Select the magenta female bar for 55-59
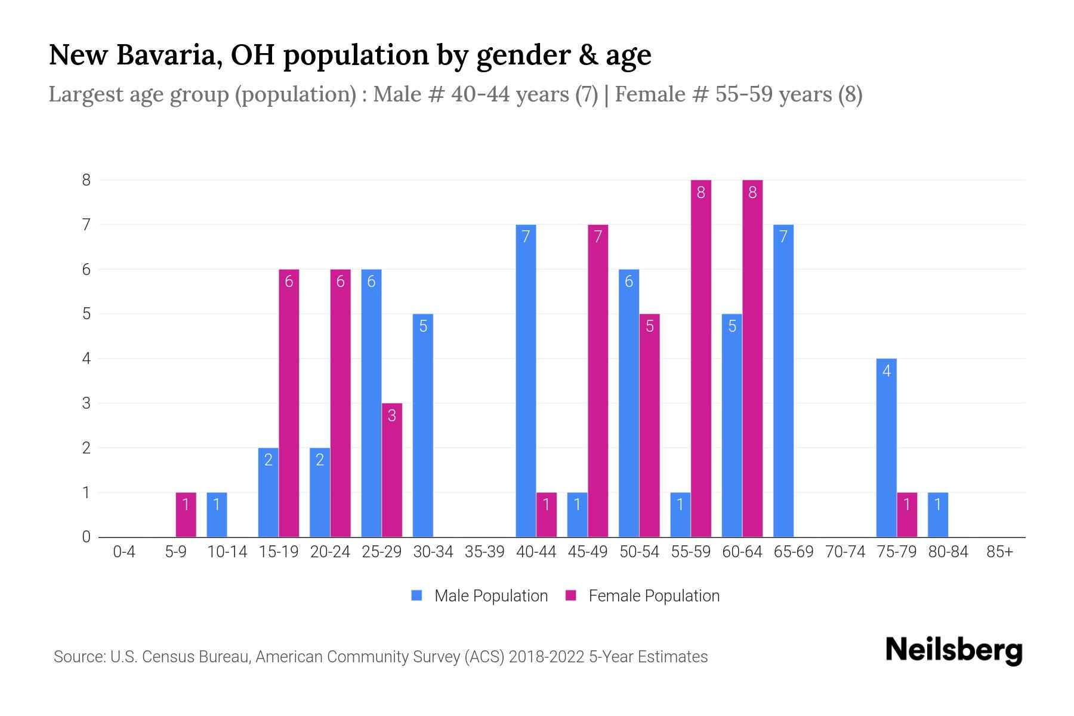pyautogui.click(x=700, y=358)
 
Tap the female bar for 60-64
pyautogui.click(x=752, y=358)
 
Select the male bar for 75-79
pyautogui.click(x=886, y=447)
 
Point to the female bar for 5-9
pyautogui.click(x=186, y=514)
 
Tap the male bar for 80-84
pyautogui.click(x=937, y=514)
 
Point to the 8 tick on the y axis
pyautogui.click(x=87, y=180)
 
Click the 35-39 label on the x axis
pyautogui.click(x=484, y=552)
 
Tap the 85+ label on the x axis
pyautogui.click(x=999, y=552)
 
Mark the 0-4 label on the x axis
pyautogui.click(x=124, y=552)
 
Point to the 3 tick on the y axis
pyautogui.click(x=87, y=403)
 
